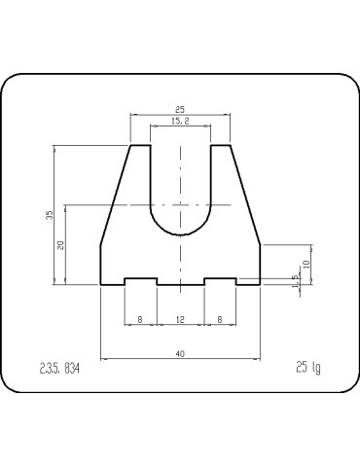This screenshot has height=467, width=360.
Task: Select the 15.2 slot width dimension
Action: click(x=180, y=122)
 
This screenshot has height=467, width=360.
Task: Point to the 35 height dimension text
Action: click(x=50, y=215)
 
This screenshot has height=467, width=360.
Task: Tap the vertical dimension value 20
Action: click(x=60, y=245)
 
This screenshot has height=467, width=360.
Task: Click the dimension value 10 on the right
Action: click(x=306, y=263)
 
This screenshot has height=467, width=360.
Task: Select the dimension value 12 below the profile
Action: click(x=180, y=319)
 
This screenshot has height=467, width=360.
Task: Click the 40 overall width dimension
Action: click(x=180, y=354)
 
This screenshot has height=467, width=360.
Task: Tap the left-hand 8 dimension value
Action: click(x=141, y=319)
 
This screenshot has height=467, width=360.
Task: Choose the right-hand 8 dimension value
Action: click(x=220, y=319)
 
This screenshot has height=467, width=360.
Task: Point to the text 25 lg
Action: click(x=306, y=367)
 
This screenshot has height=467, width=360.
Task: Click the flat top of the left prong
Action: click(x=140, y=145)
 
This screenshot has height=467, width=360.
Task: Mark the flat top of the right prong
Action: click(x=221, y=145)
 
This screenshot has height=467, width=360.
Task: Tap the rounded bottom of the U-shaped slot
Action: click(x=180, y=235)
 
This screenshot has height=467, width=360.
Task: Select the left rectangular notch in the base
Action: click(x=141, y=281)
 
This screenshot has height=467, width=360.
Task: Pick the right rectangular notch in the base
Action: click(x=220, y=281)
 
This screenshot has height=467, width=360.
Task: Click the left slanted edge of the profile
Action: click(x=116, y=195)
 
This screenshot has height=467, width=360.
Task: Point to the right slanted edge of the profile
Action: click(x=245, y=195)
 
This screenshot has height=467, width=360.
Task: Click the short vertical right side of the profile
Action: click(x=260, y=264)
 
